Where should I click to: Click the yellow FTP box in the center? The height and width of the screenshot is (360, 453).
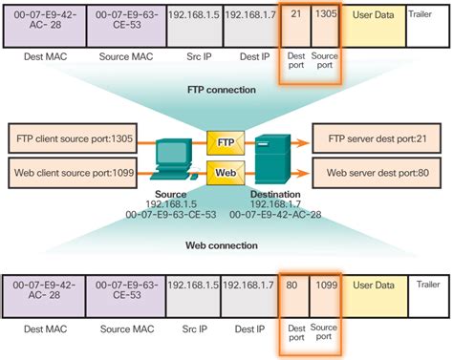pyautogui.click(x=226, y=142)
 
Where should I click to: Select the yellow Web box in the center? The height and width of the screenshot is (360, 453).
pyautogui.click(x=226, y=172)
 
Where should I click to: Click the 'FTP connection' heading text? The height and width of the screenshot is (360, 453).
pyautogui.click(x=222, y=90)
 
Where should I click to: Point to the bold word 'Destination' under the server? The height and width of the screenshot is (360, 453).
pyautogui.click(x=276, y=194)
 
